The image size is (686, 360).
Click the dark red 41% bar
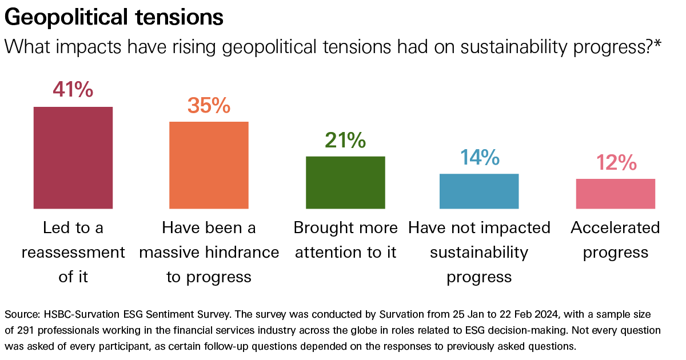73,158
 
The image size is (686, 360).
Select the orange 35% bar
209,165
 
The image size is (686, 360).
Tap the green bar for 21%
345,182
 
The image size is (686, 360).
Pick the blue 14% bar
479,191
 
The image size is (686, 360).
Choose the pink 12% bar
615,194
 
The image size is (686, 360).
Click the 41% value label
73,90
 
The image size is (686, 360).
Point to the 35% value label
209,105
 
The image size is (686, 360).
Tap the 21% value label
345,140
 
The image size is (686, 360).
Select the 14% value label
479,157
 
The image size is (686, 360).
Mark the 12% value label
616,163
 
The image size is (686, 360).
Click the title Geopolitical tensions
114,18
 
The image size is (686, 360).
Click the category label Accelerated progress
615,240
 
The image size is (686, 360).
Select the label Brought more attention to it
345,240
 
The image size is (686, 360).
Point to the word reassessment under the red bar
73,253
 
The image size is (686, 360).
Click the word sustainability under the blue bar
479,253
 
